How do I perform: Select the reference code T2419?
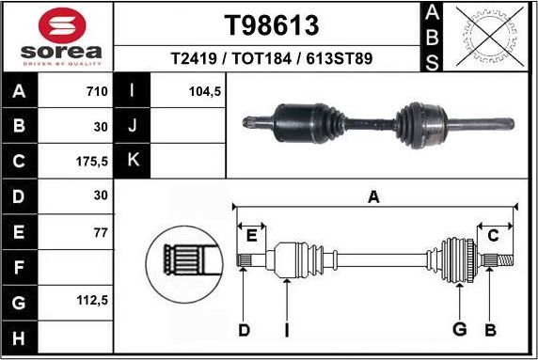click(192, 58)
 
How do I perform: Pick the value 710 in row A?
click(95, 92)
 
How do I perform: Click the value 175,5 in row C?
click(92, 161)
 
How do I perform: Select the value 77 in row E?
click(101, 231)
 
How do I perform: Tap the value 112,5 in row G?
click(92, 301)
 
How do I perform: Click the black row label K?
click(133, 161)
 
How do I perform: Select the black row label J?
click(133, 126)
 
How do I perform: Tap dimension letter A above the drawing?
click(373, 197)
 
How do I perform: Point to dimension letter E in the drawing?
click(251, 234)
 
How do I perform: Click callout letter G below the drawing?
click(459, 329)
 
